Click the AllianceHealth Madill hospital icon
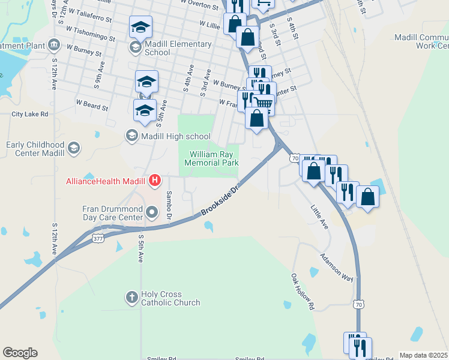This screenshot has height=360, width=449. coord(155,179)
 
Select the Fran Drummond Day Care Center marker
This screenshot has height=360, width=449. coord(152,211)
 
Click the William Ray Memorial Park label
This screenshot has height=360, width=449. coord(211,158)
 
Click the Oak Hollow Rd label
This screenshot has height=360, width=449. coord(303,292)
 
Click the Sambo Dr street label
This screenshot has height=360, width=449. coord(169,205)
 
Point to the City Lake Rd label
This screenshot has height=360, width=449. coord(29,113)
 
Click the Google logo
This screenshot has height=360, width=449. coord(20,353)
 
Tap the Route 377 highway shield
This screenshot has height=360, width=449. coord(98,238)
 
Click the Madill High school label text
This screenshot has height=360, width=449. coord(175,136)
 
